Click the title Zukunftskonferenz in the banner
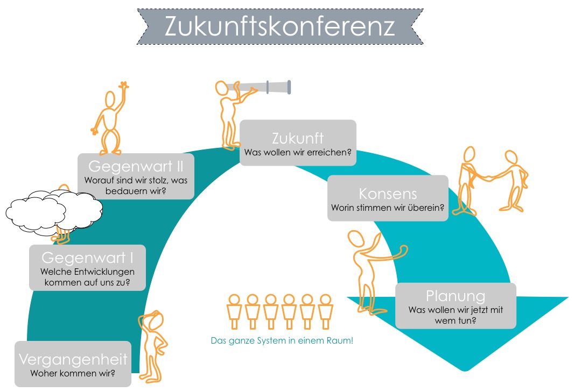click(x=280, y=26)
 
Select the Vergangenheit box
click(x=73, y=364)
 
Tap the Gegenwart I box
click(x=87, y=268)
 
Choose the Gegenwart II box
click(x=136, y=176)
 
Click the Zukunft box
click(x=298, y=142)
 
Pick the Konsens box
click(x=388, y=198)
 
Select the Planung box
click(x=456, y=306)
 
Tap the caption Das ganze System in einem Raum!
click(x=282, y=341)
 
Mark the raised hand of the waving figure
click(x=124, y=85)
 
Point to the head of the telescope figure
click(x=221, y=89)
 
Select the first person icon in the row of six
click(x=234, y=311)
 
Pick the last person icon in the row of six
click(x=325, y=311)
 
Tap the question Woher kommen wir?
click(x=73, y=373)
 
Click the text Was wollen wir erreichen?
click(x=298, y=153)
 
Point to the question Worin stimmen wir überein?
click(x=388, y=208)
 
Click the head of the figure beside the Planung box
click(x=356, y=239)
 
